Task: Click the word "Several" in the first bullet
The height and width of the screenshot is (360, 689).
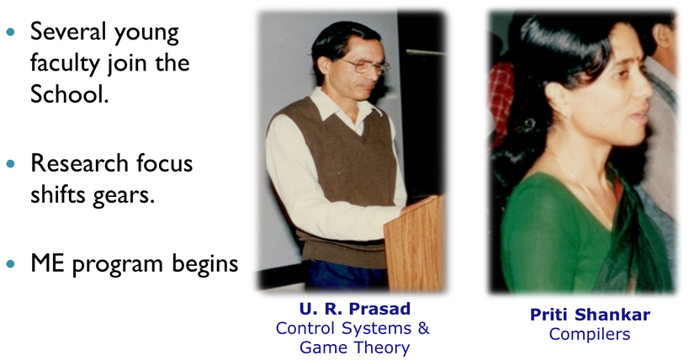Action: click(x=68, y=31)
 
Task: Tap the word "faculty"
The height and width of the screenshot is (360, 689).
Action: click(x=66, y=63)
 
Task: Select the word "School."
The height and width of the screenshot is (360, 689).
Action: click(x=70, y=93)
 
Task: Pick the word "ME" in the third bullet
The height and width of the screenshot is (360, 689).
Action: click(x=47, y=263)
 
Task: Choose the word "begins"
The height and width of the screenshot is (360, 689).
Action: click(x=204, y=264)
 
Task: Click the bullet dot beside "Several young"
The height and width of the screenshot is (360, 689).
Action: click(x=11, y=32)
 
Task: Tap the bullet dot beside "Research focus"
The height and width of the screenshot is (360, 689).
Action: click(x=11, y=163)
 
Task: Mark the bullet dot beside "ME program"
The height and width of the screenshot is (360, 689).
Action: click(x=11, y=264)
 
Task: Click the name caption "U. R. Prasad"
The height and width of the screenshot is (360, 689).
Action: click(x=355, y=309)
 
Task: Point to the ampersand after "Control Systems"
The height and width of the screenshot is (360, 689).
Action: click(x=423, y=328)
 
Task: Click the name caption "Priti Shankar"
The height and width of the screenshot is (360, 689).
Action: click(x=590, y=315)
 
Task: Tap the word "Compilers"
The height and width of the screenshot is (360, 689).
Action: click(x=590, y=335)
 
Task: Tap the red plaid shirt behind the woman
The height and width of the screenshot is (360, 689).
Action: click(x=501, y=101)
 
